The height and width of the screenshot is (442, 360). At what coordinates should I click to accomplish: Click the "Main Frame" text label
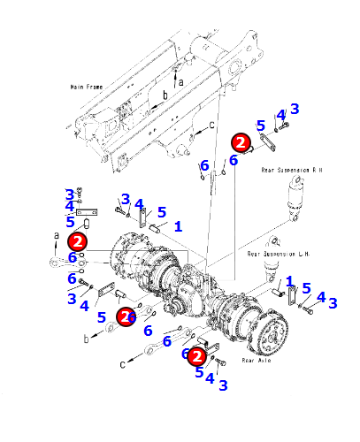(87, 87)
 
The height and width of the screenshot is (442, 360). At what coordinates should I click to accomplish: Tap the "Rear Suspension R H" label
(292, 170)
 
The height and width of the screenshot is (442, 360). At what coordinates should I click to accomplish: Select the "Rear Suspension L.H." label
(279, 254)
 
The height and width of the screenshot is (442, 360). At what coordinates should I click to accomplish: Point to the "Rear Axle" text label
(257, 360)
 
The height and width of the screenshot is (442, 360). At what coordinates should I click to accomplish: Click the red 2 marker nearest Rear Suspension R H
(241, 142)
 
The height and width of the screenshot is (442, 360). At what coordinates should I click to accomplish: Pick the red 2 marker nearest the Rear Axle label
(197, 356)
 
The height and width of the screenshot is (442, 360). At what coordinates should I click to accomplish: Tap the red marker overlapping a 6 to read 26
(126, 316)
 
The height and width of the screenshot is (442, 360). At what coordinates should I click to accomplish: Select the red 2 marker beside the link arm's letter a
(77, 241)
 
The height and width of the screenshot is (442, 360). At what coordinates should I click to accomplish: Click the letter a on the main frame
(180, 82)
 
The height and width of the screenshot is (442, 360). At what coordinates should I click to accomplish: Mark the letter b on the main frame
(165, 95)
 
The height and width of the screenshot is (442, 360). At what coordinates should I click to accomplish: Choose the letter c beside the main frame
(211, 126)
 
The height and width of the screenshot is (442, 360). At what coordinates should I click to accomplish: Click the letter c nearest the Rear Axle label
(123, 364)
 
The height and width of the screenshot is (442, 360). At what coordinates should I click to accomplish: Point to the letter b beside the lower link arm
(86, 339)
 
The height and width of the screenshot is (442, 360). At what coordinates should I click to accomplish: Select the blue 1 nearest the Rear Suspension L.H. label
(289, 281)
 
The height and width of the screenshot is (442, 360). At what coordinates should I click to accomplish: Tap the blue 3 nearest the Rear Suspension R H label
(295, 109)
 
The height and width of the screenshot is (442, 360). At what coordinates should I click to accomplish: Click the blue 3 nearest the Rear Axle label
(223, 385)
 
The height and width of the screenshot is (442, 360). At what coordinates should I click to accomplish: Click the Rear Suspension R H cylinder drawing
(296, 198)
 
